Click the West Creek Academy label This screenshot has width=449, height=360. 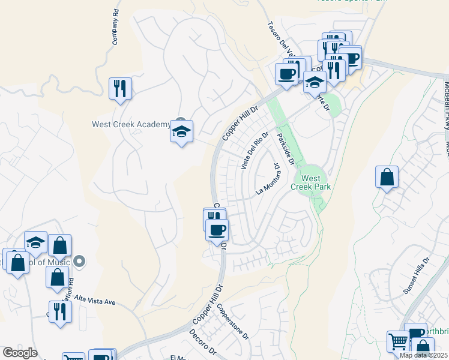[130, 125]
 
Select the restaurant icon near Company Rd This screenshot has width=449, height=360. [120, 89]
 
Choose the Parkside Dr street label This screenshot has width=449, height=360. [285, 149]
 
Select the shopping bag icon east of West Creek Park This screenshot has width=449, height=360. [387, 177]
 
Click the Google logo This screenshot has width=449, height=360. [20, 353]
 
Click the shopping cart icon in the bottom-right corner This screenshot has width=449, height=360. [398, 342]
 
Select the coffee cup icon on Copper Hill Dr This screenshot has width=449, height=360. [217, 230]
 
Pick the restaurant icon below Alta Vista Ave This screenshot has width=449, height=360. [60, 312]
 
